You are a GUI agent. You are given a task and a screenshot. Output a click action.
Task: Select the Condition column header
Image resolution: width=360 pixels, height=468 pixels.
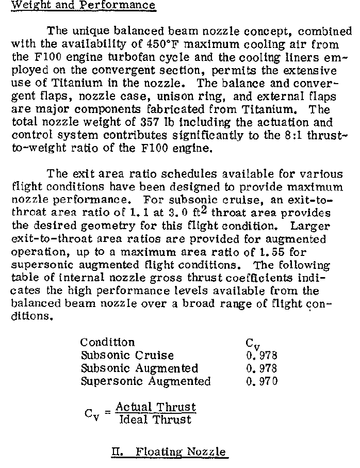107,343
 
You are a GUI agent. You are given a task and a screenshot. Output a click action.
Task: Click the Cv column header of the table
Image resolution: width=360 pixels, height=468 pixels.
250,344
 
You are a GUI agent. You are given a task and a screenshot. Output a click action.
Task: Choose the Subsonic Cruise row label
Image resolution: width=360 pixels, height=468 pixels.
127,356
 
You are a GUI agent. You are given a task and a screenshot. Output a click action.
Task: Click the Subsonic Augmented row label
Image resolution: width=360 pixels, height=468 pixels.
139,368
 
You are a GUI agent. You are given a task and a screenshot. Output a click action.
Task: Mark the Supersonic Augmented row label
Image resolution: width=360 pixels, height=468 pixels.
146,382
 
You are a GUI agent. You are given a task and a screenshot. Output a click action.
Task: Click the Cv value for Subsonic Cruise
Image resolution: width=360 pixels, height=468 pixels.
262,356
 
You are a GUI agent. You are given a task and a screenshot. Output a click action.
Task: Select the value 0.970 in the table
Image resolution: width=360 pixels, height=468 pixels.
262,382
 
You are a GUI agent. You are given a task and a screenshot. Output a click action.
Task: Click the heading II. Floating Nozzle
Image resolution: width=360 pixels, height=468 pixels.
169,453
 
